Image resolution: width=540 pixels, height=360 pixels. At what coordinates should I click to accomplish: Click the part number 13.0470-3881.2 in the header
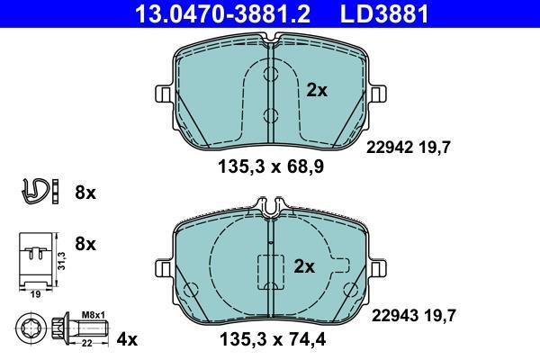(x=223, y=13)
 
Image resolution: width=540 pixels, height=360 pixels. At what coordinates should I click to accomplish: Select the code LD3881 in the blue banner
(x=384, y=13)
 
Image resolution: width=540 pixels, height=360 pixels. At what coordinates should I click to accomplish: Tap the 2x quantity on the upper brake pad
(x=317, y=91)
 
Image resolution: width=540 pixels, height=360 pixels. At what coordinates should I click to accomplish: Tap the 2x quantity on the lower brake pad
(x=304, y=266)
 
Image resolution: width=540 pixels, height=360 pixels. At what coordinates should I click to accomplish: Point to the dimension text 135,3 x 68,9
(x=271, y=167)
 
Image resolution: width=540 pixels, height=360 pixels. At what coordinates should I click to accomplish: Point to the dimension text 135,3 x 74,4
(x=273, y=340)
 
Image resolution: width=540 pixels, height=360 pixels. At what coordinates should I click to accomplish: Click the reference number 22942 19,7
(x=408, y=148)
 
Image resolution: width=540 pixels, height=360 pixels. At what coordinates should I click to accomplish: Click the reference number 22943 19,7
(x=414, y=316)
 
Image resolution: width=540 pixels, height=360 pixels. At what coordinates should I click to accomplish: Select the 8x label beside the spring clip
(x=85, y=193)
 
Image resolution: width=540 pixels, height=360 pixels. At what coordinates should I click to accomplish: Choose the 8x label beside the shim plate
(x=85, y=244)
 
